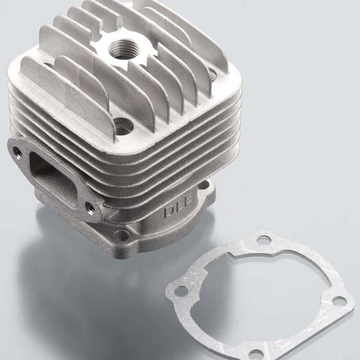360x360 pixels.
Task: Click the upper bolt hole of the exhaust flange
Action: click(18, 152)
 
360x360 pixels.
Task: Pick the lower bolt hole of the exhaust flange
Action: click(91, 208)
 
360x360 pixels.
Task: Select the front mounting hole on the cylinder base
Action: click(122, 235)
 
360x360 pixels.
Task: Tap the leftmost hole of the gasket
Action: click(180, 291)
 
